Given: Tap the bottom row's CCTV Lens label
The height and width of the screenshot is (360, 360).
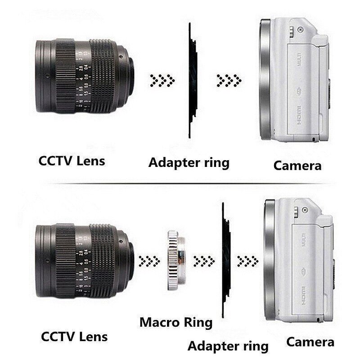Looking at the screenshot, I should [75, 336].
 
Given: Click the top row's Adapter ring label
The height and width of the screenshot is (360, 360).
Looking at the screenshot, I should [189, 162].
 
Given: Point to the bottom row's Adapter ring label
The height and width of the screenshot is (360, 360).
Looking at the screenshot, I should [228, 346].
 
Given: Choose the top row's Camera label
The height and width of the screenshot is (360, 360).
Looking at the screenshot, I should [297, 166].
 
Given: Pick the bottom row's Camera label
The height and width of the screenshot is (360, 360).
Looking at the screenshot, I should [310, 342].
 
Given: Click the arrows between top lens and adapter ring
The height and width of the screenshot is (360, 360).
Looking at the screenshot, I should [162, 82].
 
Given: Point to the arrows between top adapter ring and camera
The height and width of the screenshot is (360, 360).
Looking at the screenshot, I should [229, 82].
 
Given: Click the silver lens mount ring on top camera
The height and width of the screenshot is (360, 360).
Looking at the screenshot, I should [266, 81].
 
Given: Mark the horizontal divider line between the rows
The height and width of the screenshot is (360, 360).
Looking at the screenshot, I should [180, 184].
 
